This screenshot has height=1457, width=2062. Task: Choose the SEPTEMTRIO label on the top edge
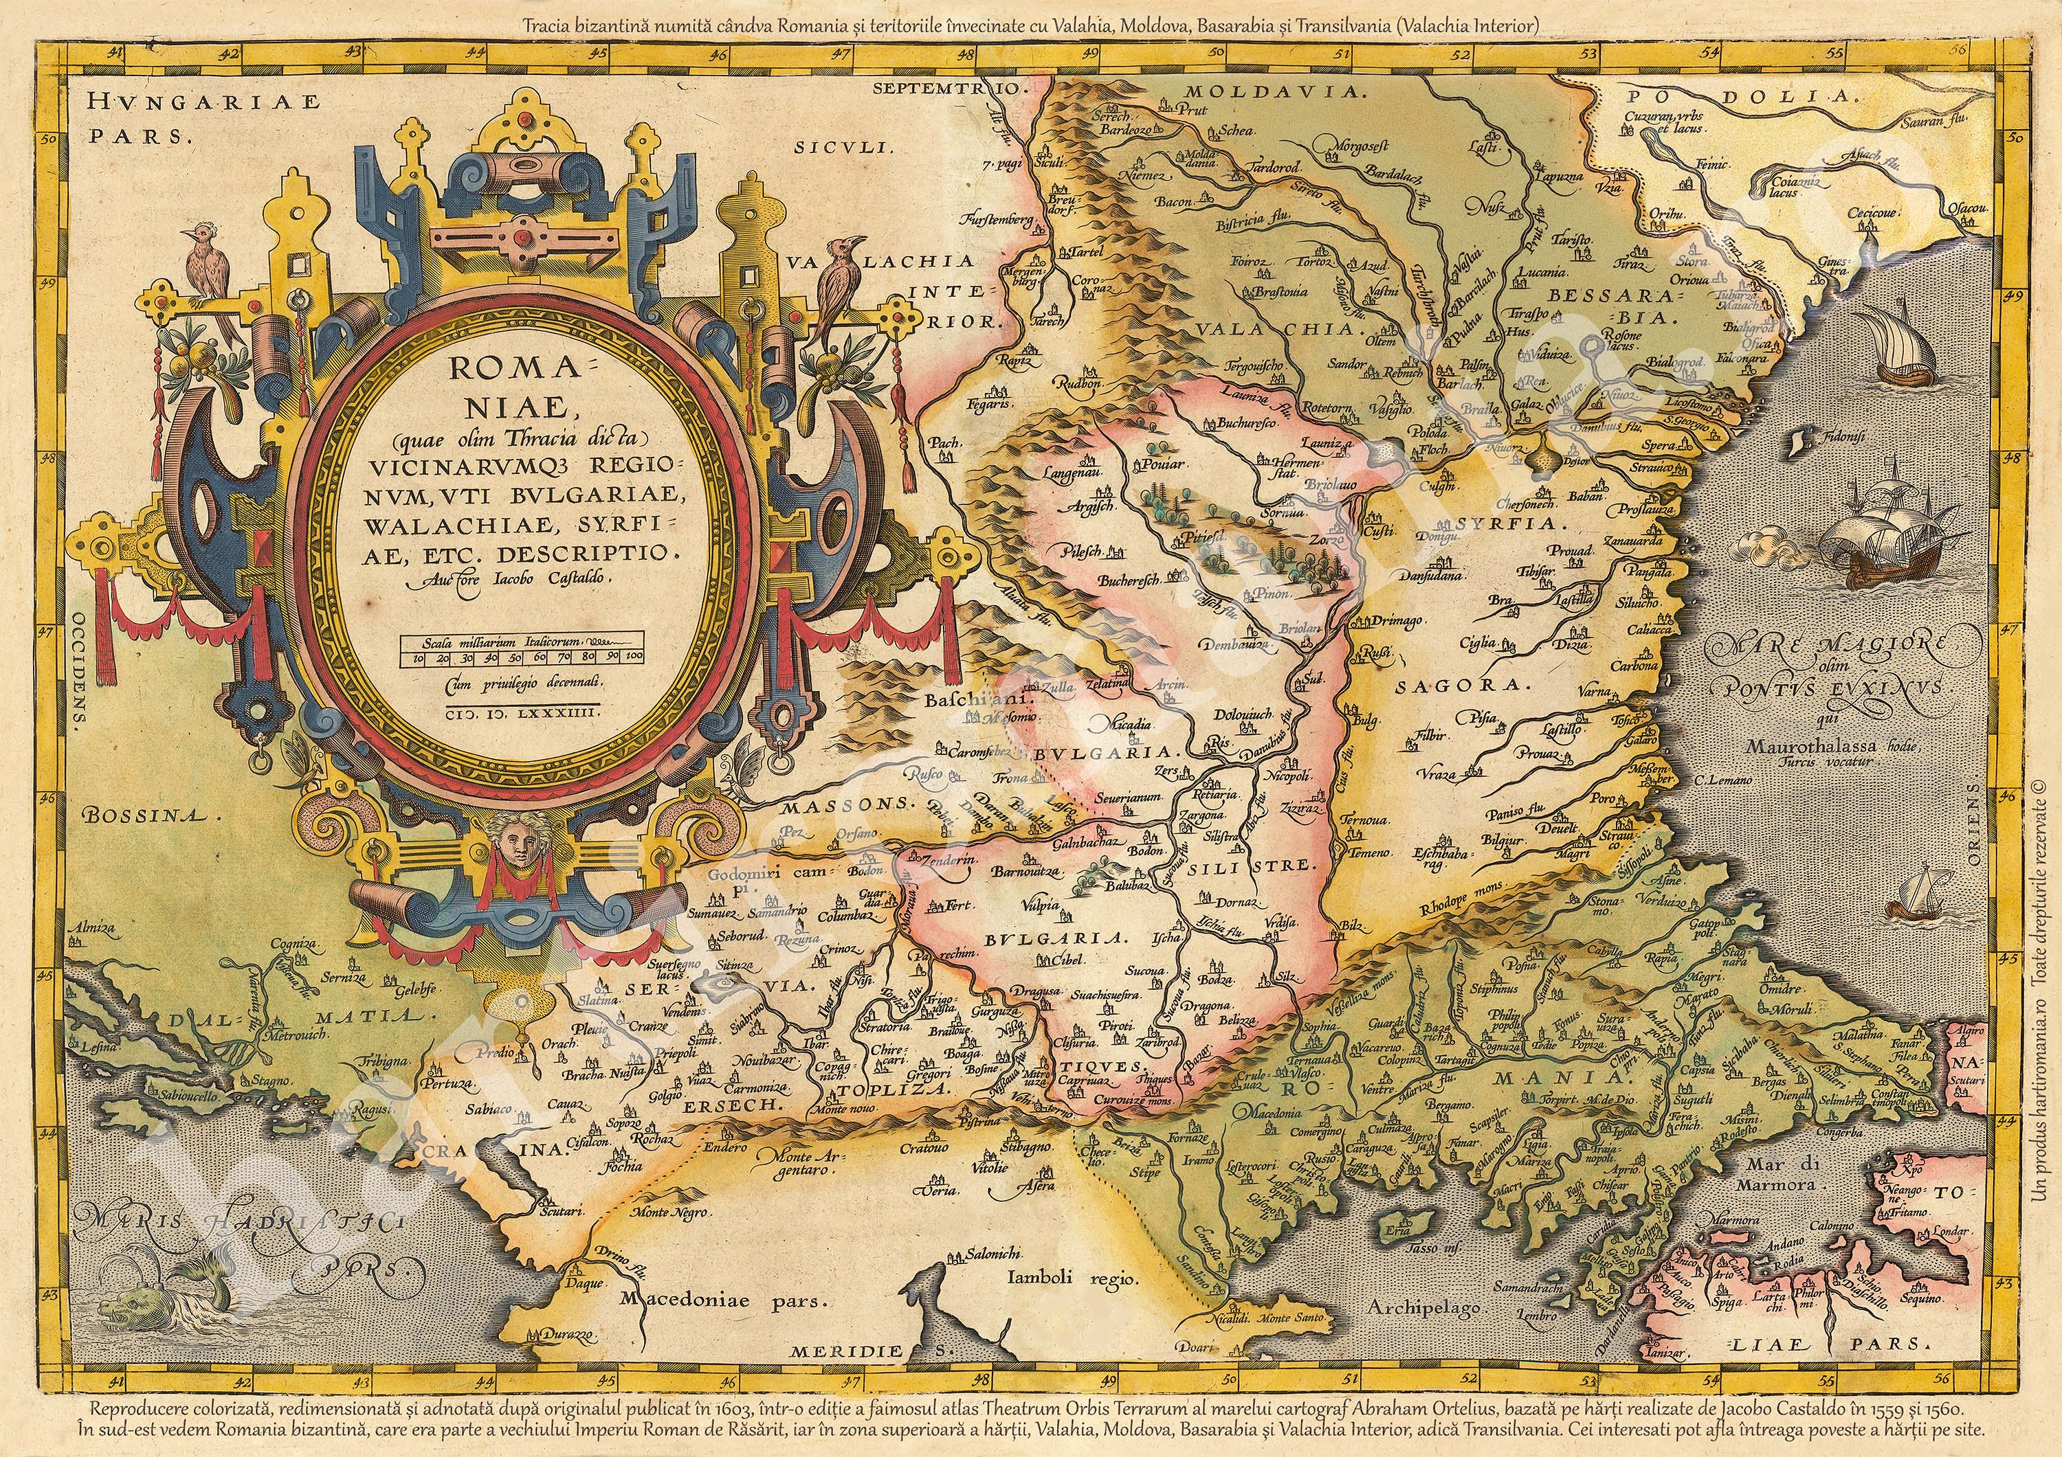pyautogui.click(x=947, y=88)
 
